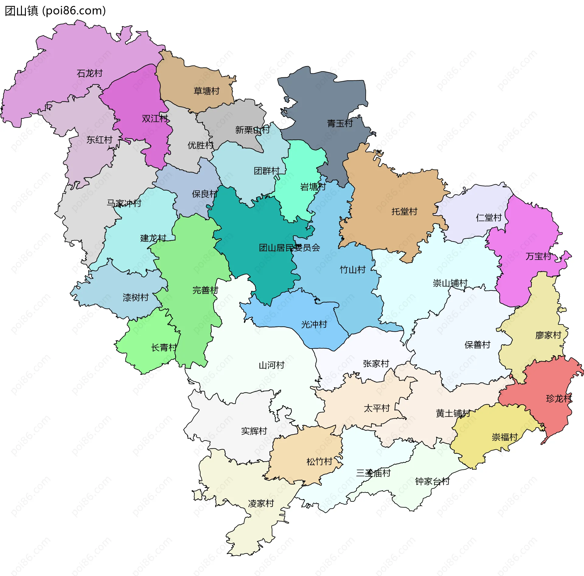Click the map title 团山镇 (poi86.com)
point(55,11)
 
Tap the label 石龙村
point(90,73)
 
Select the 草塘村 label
point(207,91)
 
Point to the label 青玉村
point(340,123)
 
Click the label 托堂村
point(404,211)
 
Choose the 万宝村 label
point(538,256)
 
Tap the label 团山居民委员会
point(289,248)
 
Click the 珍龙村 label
point(559,399)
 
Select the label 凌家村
point(261,504)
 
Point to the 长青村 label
point(164,347)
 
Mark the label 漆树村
point(136,297)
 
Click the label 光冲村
point(314,325)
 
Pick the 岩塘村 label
point(313,187)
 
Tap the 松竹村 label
point(319,462)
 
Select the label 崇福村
point(505,437)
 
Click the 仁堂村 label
point(488,218)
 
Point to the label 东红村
point(99,140)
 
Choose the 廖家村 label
point(548,335)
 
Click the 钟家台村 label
point(432,481)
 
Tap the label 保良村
point(204,194)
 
